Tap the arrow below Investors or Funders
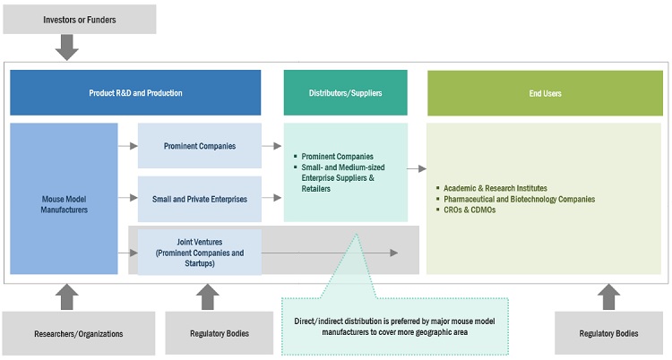(x=66, y=48)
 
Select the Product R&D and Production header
(x=135, y=92)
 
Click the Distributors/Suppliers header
(x=345, y=92)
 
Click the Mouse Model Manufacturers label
(x=63, y=204)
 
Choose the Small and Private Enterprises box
(x=199, y=199)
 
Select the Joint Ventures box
(x=199, y=252)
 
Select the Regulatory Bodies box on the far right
(x=608, y=333)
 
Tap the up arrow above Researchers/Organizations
(x=66, y=296)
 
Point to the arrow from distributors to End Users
(x=417, y=167)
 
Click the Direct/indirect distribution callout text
(x=395, y=327)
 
